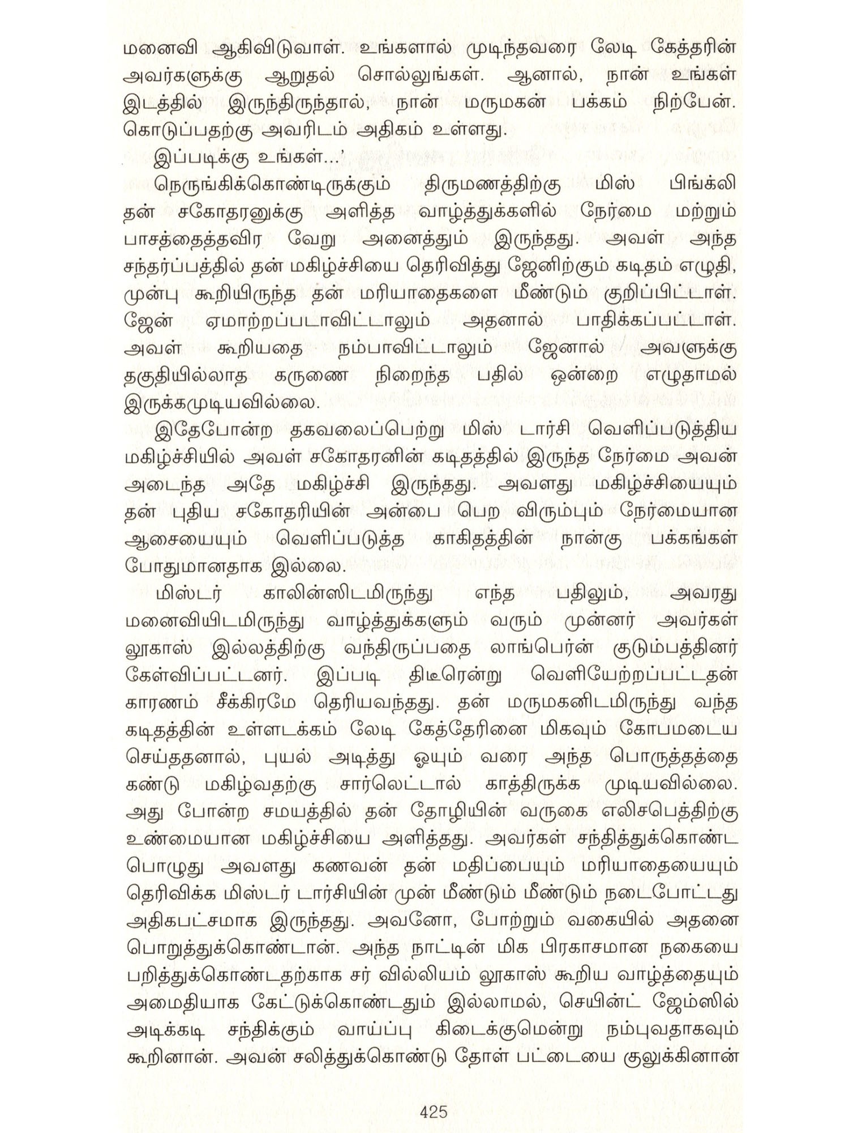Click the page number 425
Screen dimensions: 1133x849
pyautogui.click(x=434, y=1111)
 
